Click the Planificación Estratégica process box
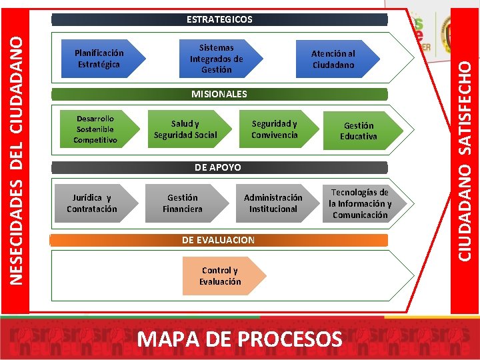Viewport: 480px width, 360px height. click(x=99, y=59)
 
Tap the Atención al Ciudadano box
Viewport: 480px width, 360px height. click(x=333, y=59)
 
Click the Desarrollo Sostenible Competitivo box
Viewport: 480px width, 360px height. click(x=95, y=129)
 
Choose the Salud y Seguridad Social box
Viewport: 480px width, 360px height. click(x=185, y=129)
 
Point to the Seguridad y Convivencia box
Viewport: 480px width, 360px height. click(x=275, y=129)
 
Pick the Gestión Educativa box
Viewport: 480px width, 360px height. click(x=359, y=130)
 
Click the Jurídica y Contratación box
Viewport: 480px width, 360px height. click(x=92, y=203)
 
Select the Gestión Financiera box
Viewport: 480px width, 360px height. click(x=183, y=203)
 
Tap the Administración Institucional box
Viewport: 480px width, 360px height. click(x=273, y=203)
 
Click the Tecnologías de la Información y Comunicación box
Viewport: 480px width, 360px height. click(x=360, y=203)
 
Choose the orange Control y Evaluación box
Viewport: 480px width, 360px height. click(x=221, y=276)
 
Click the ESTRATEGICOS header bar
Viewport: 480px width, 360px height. click(x=219, y=19)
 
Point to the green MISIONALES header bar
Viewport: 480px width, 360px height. click(x=219, y=94)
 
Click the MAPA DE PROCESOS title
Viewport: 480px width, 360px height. click(x=239, y=339)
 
